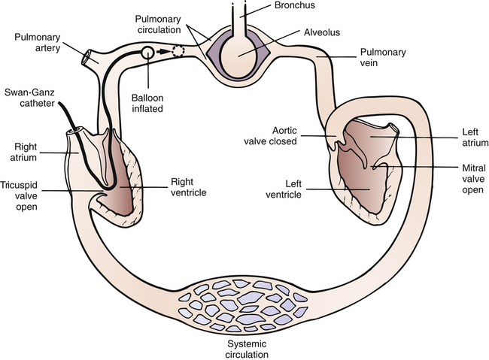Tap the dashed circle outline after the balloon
tap(178, 53)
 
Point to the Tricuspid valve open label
tap(23, 193)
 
